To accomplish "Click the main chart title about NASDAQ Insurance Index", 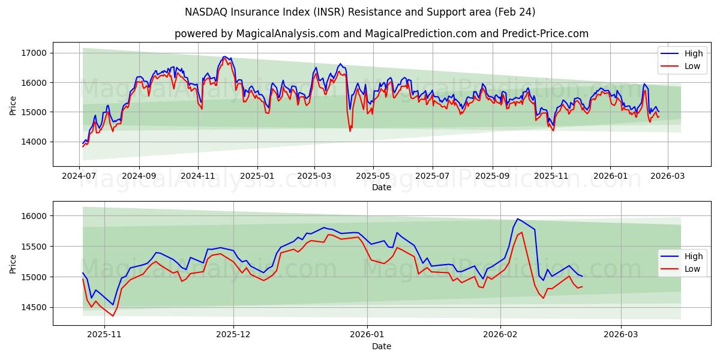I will pyautogui.click(x=360, y=12).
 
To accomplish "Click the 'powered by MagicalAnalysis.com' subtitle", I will pyautogui.click(x=381, y=34).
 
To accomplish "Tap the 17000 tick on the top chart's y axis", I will pyautogui.click(x=35, y=53).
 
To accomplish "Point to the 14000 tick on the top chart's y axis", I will pyautogui.click(x=35, y=142).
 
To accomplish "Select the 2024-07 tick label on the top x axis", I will pyautogui.click(x=80, y=176).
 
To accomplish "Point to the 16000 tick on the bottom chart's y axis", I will pyautogui.click(x=35, y=216).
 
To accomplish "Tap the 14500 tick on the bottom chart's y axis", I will pyautogui.click(x=35, y=307).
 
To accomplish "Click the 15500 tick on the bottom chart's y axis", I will pyautogui.click(x=35, y=247).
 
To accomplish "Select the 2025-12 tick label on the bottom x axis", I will pyautogui.click(x=233, y=335).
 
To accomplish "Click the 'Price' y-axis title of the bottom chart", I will pyautogui.click(x=13, y=263).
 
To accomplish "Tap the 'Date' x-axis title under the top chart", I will pyautogui.click(x=381, y=187).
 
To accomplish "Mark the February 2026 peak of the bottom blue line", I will pyautogui.click(x=517, y=219).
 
